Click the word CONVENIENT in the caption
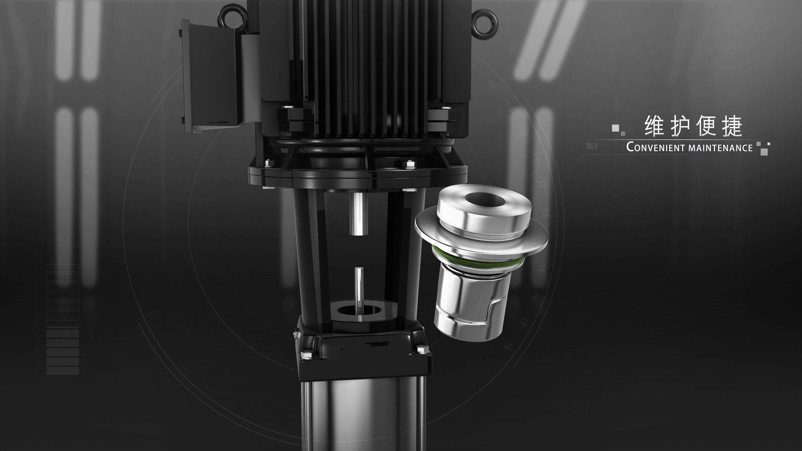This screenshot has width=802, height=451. click(655, 147)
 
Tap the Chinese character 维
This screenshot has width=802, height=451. click(655, 127)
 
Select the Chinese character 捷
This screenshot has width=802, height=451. click(732, 127)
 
